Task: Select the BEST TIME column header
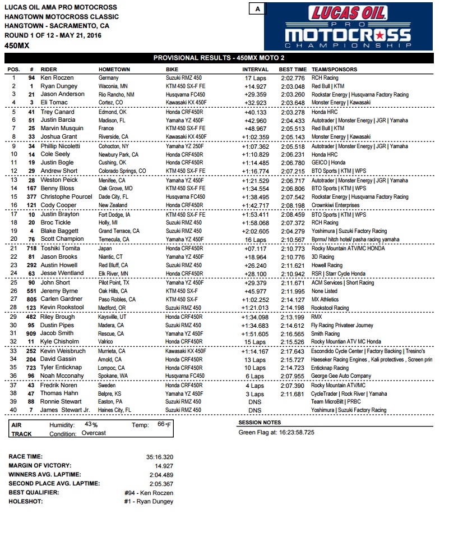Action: (x=293, y=70)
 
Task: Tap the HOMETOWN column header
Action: (x=114, y=70)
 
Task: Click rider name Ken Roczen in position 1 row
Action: (x=57, y=78)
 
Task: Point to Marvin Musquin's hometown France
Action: (x=106, y=129)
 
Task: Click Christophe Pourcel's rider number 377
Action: (x=31, y=197)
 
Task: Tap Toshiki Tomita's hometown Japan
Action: (x=105, y=249)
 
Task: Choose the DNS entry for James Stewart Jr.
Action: (x=255, y=410)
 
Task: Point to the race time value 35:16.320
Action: (x=160, y=456)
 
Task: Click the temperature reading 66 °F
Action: (x=164, y=425)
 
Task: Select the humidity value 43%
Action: (x=91, y=425)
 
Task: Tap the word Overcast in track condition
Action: (x=93, y=433)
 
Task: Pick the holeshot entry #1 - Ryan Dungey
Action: (x=149, y=501)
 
